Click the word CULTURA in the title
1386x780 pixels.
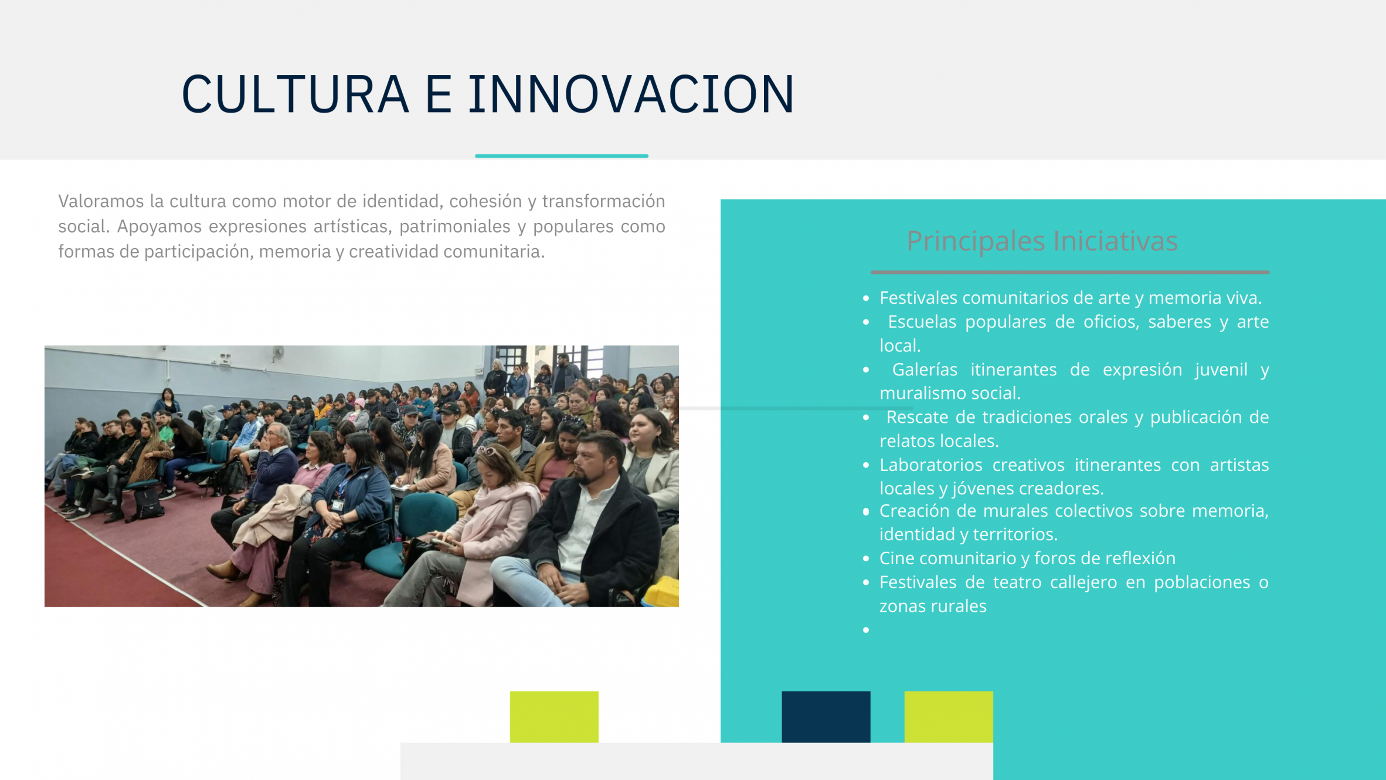click(295, 94)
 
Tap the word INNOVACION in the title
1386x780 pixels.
click(631, 94)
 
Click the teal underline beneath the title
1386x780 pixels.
click(562, 156)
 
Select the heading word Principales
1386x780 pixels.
click(976, 242)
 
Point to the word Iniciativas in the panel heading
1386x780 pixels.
click(1115, 240)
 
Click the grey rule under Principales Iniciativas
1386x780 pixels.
click(1070, 272)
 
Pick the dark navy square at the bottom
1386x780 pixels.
click(826, 717)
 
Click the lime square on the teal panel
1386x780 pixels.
click(949, 717)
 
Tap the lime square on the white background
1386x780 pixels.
click(554, 717)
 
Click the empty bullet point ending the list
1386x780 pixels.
click(866, 630)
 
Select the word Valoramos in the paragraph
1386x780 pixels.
click(101, 201)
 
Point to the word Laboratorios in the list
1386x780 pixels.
click(930, 464)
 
